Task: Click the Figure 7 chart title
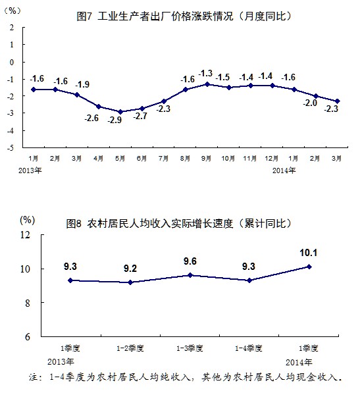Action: pyautogui.click(x=184, y=16)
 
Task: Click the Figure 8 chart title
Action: pyautogui.click(x=178, y=223)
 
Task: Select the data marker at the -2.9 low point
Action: pyautogui.click(x=120, y=112)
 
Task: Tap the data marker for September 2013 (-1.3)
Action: pyautogui.click(x=207, y=84)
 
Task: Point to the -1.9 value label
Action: pyautogui.click(x=82, y=84)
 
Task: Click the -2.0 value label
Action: pyautogui.click(x=310, y=103)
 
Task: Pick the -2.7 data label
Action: pyautogui.click(x=140, y=116)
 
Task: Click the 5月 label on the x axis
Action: pyautogui.click(x=120, y=158)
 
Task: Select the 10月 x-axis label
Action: pyautogui.click(x=228, y=158)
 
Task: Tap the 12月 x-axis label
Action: pyautogui.click(x=272, y=158)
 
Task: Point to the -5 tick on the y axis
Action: pyautogui.click(x=11, y=147)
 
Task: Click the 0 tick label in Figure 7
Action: pyautogui.click(x=12, y=62)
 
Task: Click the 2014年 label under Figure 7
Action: pyautogui.click(x=284, y=170)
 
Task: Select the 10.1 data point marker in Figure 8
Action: pyautogui.click(x=309, y=267)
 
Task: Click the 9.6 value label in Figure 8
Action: pyautogui.click(x=190, y=261)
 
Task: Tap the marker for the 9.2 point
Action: pyautogui.click(x=130, y=282)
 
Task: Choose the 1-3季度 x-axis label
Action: pyautogui.click(x=190, y=348)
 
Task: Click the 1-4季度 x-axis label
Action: pyautogui.click(x=249, y=348)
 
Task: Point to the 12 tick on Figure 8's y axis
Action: pyautogui.click(x=25, y=235)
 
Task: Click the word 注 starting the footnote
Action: pyautogui.click(x=34, y=377)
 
